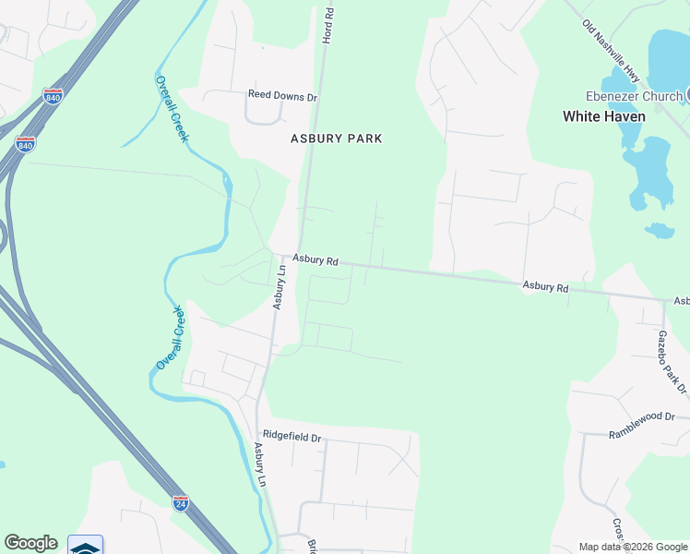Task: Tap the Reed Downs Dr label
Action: (x=282, y=96)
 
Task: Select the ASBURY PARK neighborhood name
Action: (x=336, y=138)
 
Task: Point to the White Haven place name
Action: (x=604, y=116)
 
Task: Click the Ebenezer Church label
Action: (x=634, y=96)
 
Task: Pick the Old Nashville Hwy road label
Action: (x=611, y=46)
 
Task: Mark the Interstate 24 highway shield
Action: (x=181, y=503)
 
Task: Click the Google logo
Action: (x=30, y=543)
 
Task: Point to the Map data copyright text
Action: (x=633, y=547)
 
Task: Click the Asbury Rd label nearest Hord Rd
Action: (x=315, y=261)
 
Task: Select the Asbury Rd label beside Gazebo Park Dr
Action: (x=545, y=287)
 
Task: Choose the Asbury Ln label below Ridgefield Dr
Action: (x=260, y=464)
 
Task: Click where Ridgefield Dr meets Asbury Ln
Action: (x=256, y=425)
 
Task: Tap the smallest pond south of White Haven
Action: (x=659, y=230)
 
